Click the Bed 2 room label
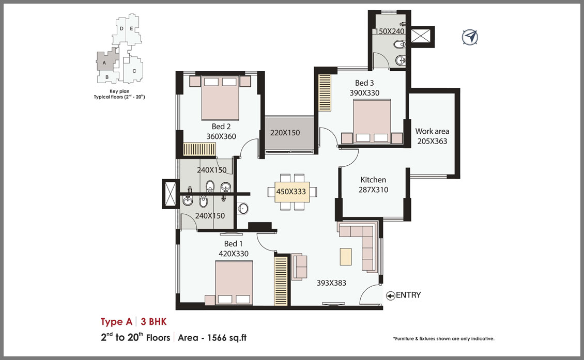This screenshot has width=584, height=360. click(221, 127)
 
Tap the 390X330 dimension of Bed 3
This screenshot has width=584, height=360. click(364, 92)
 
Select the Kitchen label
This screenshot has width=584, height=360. click(373, 179)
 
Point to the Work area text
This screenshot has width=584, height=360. click(432, 131)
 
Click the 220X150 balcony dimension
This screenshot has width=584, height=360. click(285, 133)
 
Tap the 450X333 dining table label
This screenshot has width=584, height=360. click(291, 192)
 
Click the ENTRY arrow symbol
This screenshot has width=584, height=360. click(391, 295)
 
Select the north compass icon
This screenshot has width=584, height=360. click(470, 37)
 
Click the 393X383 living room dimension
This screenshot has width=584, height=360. click(331, 283)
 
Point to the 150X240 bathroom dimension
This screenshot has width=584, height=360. click(390, 32)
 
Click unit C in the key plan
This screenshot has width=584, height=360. click(134, 71)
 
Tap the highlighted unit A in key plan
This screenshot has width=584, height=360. click(105, 61)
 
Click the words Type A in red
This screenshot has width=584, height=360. click(117, 322)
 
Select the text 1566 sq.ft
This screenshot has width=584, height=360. click(227, 338)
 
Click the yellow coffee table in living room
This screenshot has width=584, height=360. click(346, 257)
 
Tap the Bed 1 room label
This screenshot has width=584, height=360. click(234, 244)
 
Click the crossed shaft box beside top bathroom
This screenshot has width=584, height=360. click(422, 37)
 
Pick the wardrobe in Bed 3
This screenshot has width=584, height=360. click(325, 92)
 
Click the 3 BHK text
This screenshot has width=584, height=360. click(153, 322)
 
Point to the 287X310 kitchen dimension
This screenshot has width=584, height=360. click(373, 190)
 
